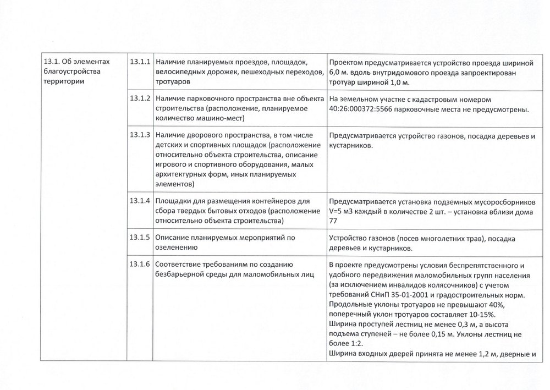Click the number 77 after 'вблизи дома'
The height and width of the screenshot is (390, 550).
point(332,222)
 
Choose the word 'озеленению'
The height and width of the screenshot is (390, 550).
point(178,248)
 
